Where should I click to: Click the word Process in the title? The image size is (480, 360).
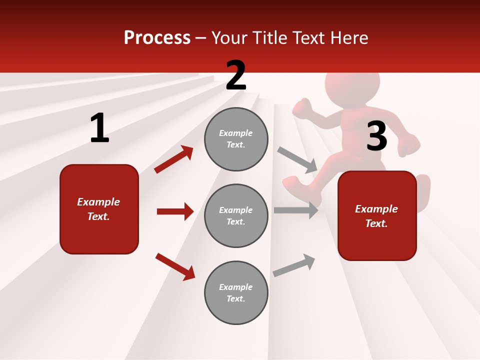(x=157, y=38)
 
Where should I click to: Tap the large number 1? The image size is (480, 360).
(x=99, y=128)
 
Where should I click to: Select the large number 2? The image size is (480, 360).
(x=236, y=75)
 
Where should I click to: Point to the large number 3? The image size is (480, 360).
(x=376, y=136)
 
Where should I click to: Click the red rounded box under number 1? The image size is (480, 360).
(x=99, y=209)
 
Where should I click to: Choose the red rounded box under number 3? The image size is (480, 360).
(x=377, y=215)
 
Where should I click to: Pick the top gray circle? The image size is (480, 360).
(x=236, y=139)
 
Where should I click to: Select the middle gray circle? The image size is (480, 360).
(x=236, y=215)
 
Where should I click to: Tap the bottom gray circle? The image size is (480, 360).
(x=236, y=292)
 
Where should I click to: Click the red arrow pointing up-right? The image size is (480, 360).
(x=174, y=159)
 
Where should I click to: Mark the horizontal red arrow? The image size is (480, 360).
(x=175, y=211)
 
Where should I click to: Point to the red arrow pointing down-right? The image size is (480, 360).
(x=175, y=266)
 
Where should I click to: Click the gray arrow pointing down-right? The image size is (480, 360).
(x=297, y=159)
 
